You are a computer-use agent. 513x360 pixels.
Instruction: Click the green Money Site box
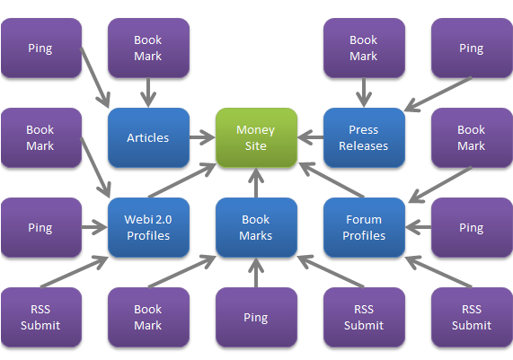(x=256, y=137)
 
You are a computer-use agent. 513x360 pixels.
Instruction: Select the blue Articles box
(x=148, y=137)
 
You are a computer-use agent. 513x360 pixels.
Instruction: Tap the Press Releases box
(x=364, y=137)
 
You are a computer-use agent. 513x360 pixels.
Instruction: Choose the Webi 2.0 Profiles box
(x=148, y=227)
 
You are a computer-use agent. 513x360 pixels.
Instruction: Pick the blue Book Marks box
(x=256, y=227)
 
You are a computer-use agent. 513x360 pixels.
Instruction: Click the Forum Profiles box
(x=364, y=227)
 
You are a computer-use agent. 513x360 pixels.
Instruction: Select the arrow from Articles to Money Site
(x=202, y=137)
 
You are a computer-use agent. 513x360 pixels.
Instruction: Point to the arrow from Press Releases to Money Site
(x=311, y=137)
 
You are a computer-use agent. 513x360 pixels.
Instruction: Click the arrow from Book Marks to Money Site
(x=256, y=182)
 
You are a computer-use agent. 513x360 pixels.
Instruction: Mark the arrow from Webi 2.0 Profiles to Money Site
(x=182, y=180)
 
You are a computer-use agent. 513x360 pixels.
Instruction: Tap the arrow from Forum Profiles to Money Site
(x=332, y=180)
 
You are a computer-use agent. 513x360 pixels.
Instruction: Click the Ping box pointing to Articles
(x=41, y=48)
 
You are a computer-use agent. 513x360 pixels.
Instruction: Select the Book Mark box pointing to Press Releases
(x=364, y=48)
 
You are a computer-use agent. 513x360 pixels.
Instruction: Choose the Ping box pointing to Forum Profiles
(x=472, y=227)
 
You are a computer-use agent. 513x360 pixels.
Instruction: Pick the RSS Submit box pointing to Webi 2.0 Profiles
(x=41, y=317)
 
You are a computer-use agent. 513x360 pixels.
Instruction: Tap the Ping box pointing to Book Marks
(x=256, y=317)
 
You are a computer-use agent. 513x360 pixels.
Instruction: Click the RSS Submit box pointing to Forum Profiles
(x=472, y=317)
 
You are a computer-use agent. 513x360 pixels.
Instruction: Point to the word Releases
(x=364, y=145)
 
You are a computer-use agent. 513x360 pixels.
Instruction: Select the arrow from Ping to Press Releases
(x=438, y=94)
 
